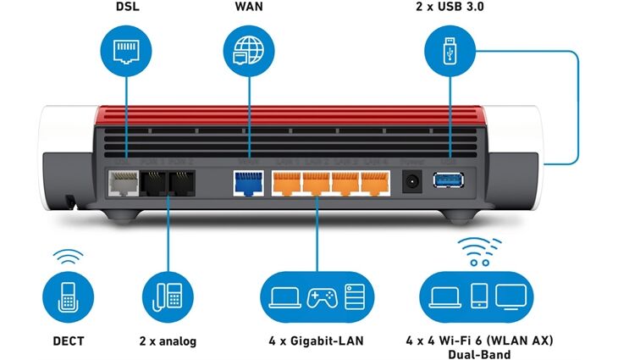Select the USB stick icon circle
(448, 50)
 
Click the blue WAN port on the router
(246, 181)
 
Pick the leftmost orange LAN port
(288, 182)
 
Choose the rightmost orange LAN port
(373, 182)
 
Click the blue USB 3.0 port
(447, 180)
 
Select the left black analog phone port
(154, 181)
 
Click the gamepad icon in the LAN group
(320, 296)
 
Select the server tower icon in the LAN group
(355, 296)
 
